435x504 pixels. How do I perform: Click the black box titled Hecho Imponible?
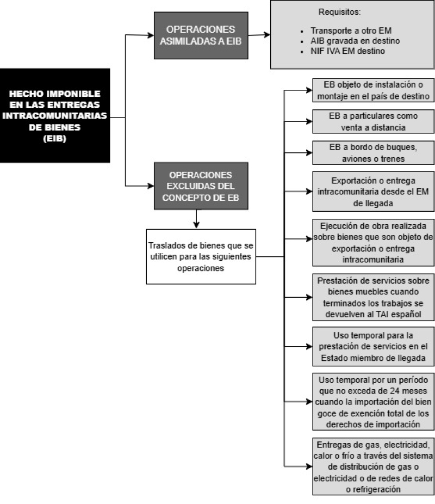(55, 115)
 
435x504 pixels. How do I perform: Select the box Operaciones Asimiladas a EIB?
(201, 35)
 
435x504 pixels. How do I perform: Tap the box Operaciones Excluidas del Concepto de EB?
(201, 186)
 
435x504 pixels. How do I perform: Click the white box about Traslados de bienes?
(201, 256)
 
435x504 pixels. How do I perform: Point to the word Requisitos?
(339, 12)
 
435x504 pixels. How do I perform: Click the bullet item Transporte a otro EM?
(351, 30)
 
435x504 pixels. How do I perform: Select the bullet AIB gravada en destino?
(355, 41)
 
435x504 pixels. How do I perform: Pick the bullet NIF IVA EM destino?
(347, 51)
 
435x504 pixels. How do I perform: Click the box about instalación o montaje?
(374, 90)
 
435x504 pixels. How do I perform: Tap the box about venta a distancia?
(374, 121)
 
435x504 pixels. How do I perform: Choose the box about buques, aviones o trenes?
(374, 153)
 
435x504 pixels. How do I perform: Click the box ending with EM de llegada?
(374, 191)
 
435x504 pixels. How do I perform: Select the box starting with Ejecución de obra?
(374, 243)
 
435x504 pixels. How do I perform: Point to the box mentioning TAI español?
(374, 297)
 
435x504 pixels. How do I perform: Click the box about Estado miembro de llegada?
(374, 347)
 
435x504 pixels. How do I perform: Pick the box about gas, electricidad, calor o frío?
(374, 466)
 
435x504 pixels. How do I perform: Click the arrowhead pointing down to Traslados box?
(196, 225)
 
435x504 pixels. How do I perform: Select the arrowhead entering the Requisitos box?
(267, 34)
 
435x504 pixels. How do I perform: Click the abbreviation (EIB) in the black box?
(54, 139)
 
